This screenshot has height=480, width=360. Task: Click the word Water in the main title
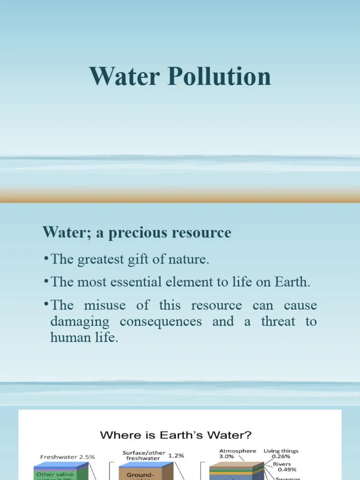[x=123, y=76]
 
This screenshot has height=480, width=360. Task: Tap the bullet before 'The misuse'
[x=47, y=305]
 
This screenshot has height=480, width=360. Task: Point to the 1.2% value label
[x=176, y=455]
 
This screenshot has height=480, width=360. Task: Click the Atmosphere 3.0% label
[x=238, y=453]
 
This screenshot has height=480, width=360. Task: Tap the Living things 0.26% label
[x=281, y=453]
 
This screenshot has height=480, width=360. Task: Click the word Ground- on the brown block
[x=140, y=475]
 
